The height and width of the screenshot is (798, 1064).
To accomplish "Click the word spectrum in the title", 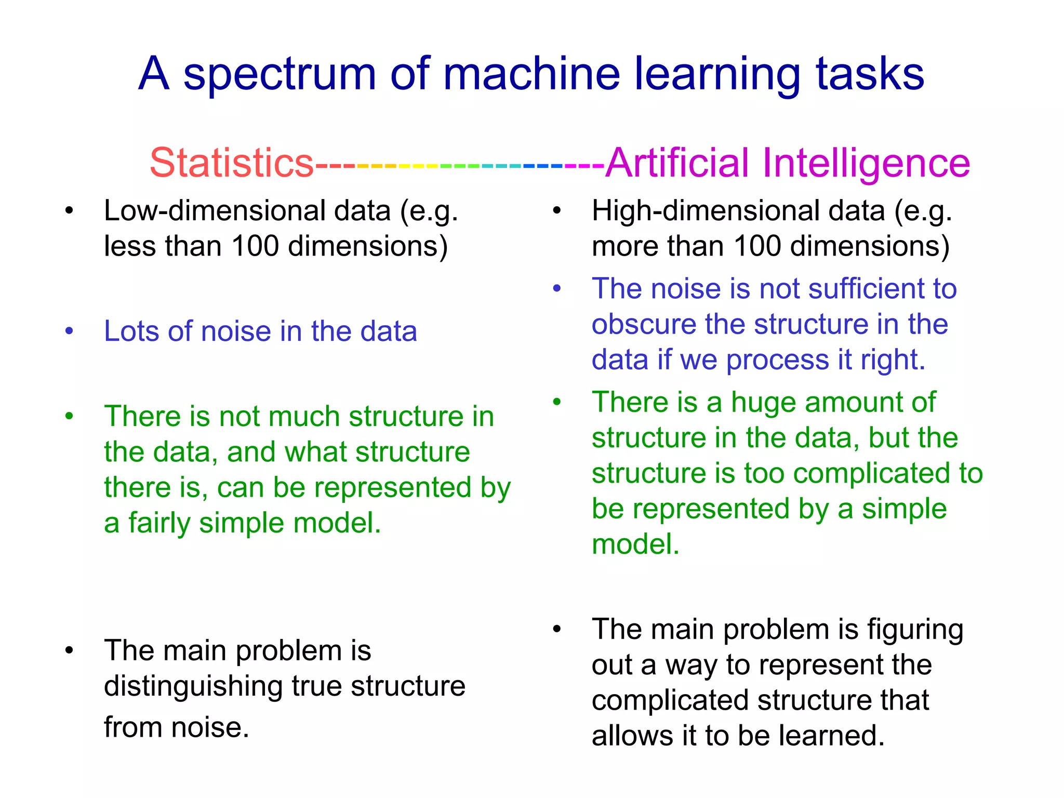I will (x=279, y=74).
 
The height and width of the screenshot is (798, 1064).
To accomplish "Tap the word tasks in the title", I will (x=870, y=74).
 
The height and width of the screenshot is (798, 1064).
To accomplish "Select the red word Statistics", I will (x=232, y=163).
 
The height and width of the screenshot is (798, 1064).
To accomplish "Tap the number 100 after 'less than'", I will (x=255, y=246).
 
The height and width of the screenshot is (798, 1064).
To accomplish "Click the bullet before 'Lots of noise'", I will (x=69, y=331).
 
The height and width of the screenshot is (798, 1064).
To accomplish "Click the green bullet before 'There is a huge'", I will (x=557, y=403).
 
